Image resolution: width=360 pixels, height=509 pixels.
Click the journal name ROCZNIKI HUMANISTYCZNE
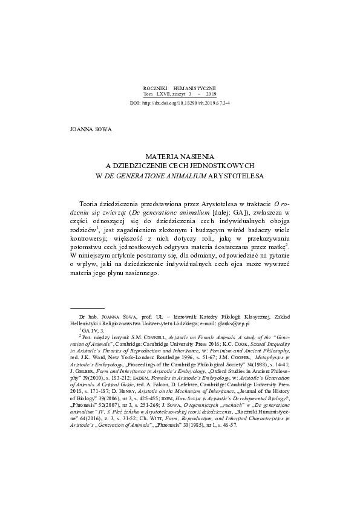pyautogui.click(x=180, y=88)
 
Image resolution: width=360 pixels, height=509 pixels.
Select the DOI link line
pyautogui.click(x=180, y=103)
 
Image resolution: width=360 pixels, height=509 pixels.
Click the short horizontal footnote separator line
pyautogui.click(x=88, y=308)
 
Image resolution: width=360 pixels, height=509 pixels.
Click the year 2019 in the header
pyautogui.click(x=211, y=94)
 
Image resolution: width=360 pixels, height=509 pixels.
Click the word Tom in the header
pyautogui.click(x=148, y=94)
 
